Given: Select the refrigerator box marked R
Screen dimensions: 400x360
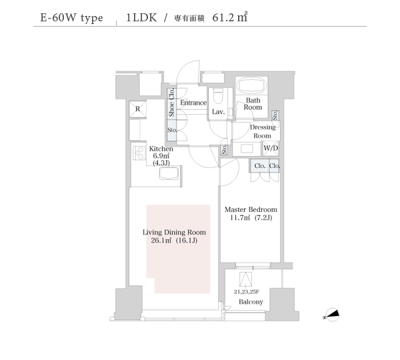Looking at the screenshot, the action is (138, 109).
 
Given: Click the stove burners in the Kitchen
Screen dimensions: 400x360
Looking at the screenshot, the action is (139, 153).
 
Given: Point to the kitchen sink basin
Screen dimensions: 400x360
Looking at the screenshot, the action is (169, 174).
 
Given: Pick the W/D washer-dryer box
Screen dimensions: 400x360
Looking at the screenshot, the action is (271, 148).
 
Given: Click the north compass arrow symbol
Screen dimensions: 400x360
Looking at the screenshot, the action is (332, 314).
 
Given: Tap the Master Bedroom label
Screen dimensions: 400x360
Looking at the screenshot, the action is (251, 209).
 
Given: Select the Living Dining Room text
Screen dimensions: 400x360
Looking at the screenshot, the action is (174, 232).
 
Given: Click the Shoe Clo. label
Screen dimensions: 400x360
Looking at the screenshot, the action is (171, 102).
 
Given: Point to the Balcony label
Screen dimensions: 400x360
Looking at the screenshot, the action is (251, 302).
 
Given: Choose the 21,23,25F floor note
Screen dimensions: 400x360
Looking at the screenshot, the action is (247, 291).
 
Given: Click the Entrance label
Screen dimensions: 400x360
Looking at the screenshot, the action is (193, 103).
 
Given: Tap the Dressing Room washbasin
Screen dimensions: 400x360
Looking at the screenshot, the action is (247, 149).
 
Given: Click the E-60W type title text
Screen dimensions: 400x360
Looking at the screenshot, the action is (72, 18).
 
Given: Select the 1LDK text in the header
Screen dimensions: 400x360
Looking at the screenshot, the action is (141, 17).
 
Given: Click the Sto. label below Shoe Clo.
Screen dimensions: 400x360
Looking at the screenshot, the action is (172, 130).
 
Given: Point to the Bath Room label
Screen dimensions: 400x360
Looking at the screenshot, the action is (253, 103).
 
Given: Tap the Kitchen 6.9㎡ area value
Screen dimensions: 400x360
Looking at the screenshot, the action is (161, 156).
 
